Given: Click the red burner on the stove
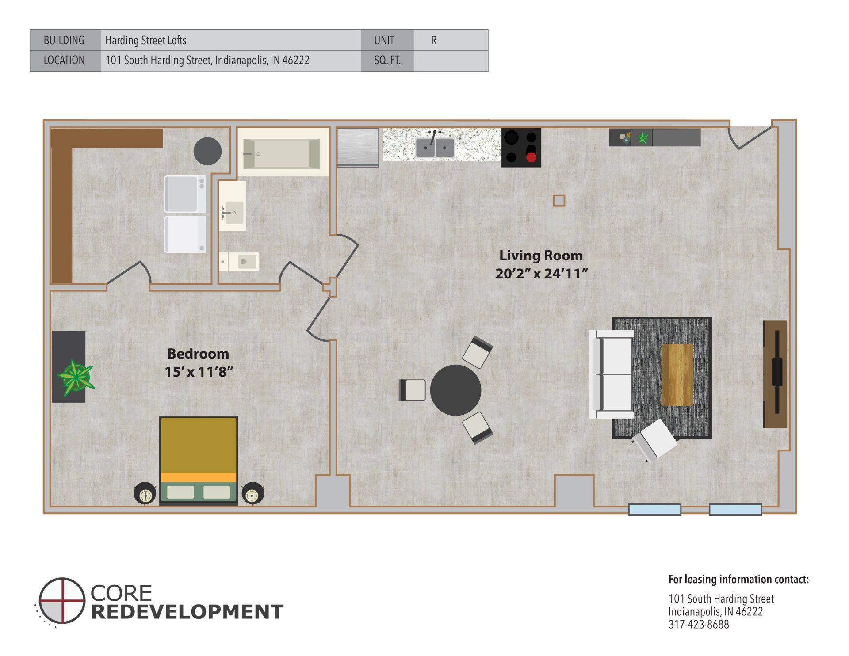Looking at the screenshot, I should click(x=531, y=157).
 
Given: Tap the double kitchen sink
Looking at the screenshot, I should click(x=435, y=148).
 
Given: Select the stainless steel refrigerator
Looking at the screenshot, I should click(x=358, y=147).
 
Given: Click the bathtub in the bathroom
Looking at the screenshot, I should click(x=281, y=153).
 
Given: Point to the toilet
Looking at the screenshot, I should click(x=241, y=262).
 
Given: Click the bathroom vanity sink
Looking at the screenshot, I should click(x=233, y=213).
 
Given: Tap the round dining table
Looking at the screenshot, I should click(x=455, y=390).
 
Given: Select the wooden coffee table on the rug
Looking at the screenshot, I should click(x=677, y=374).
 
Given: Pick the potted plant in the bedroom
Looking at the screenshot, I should click(x=76, y=377).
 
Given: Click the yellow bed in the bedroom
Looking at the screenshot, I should click(x=199, y=460).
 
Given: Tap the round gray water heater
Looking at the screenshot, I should click(x=207, y=151).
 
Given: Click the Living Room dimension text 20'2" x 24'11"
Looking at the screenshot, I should click(x=541, y=274).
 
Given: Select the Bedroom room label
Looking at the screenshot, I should click(x=198, y=354).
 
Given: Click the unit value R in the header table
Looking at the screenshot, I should click(x=434, y=40).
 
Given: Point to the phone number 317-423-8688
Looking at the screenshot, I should click(x=698, y=624).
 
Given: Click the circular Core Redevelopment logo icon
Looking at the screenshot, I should click(x=61, y=600).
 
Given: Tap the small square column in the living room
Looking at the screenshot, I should click(x=559, y=201).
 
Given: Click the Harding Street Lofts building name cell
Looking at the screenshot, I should click(x=146, y=40).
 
